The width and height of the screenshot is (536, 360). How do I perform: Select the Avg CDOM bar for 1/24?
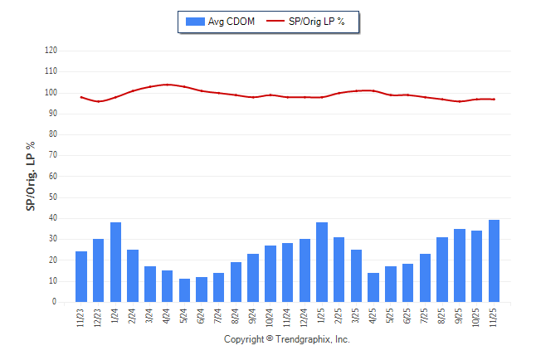[115, 262]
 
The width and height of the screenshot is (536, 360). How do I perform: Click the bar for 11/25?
[495, 261]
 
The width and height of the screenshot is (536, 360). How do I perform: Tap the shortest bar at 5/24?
[184, 290]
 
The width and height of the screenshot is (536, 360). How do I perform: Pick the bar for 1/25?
[322, 262]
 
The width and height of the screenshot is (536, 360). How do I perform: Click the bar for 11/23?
[81, 277]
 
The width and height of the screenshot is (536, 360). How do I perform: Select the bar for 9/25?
[460, 265]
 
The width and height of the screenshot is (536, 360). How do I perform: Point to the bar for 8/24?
[236, 282]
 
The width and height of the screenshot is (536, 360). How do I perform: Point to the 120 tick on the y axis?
[51, 51]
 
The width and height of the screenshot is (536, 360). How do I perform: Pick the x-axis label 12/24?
[305, 319]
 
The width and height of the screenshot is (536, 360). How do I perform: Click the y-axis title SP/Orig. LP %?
[31, 176]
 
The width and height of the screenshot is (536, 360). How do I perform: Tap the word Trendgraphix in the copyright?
[301, 339]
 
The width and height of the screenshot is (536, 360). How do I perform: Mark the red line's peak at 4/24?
[168, 85]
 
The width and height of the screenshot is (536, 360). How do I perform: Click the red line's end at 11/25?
[495, 100]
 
